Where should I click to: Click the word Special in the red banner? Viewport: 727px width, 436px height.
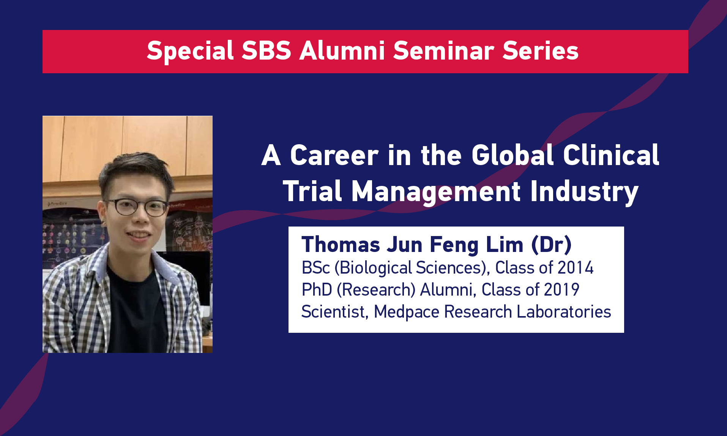190,51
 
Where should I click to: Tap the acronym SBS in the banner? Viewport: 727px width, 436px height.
267,50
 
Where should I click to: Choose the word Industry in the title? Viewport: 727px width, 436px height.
584,192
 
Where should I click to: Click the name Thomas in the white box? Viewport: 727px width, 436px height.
341,244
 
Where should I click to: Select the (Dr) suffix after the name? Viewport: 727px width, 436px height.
551,245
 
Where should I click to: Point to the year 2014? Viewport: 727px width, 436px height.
576,268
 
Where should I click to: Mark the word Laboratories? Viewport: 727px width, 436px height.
564,312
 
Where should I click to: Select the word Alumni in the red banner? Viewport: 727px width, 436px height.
342,50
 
